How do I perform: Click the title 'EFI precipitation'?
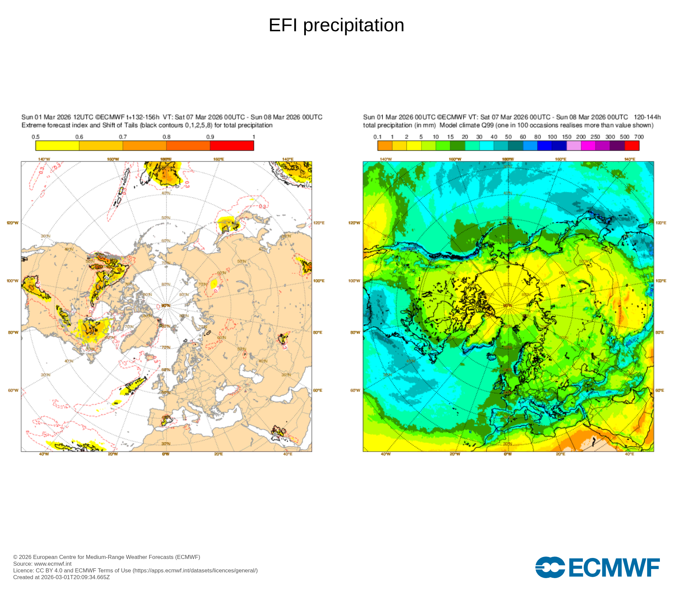[336, 25]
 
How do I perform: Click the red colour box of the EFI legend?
[232, 146]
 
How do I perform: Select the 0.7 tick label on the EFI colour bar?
[123, 137]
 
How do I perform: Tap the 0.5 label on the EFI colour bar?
[36, 137]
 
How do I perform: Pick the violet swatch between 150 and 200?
[574, 146]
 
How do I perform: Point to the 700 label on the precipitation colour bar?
[639, 137]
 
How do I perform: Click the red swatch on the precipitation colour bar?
[632, 146]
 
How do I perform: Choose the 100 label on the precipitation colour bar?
[552, 137]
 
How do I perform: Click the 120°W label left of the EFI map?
[13, 223]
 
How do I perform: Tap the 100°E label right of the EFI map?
[319, 281]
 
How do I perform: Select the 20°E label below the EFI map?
[218, 454]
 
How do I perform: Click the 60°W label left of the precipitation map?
[355, 390]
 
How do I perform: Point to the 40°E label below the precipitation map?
[629, 454]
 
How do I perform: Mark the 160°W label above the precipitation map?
[455, 159]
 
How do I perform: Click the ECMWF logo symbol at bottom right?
[550, 568]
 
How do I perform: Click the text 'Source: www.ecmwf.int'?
[42, 564]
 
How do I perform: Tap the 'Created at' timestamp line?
[62, 577]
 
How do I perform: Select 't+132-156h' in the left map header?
[143, 117]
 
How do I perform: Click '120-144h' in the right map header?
[647, 117]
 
